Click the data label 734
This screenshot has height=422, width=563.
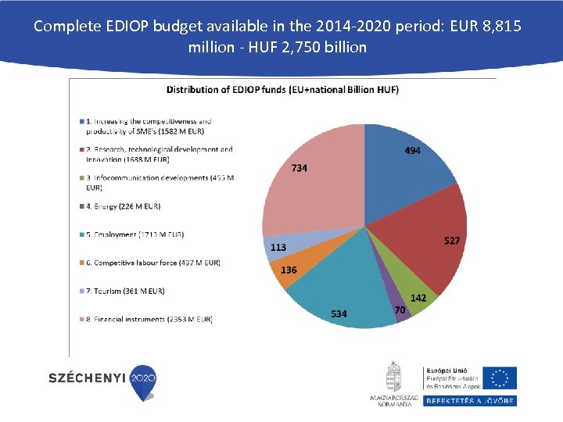tap(299, 168)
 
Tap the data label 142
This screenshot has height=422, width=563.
tap(418, 298)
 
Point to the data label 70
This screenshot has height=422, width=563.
tap(400, 310)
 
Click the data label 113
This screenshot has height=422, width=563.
tap(278, 247)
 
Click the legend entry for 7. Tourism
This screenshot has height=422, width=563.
tap(124, 291)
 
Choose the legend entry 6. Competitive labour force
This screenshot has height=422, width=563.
tap(152, 263)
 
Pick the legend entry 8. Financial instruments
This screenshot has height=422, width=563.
tap(149, 319)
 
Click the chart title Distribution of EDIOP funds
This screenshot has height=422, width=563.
tap(282, 89)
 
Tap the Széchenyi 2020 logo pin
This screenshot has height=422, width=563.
tap(144, 381)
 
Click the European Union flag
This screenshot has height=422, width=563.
tap(499, 377)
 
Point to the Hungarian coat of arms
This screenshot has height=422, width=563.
tap(393, 377)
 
